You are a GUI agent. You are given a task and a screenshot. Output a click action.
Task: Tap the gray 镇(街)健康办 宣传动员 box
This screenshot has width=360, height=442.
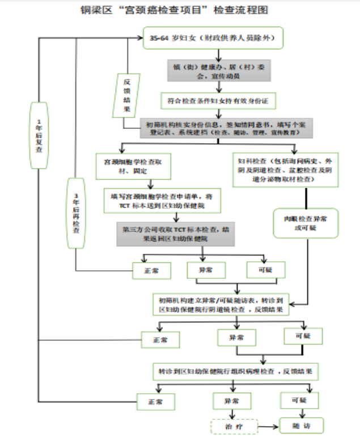point(218,70)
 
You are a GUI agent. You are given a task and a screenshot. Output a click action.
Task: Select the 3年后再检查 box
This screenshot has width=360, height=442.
point(76,213)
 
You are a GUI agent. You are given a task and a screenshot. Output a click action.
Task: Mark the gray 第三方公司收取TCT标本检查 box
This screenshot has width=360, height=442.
point(176,234)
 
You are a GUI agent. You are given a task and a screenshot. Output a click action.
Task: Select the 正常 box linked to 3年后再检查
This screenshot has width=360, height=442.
point(151,271)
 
